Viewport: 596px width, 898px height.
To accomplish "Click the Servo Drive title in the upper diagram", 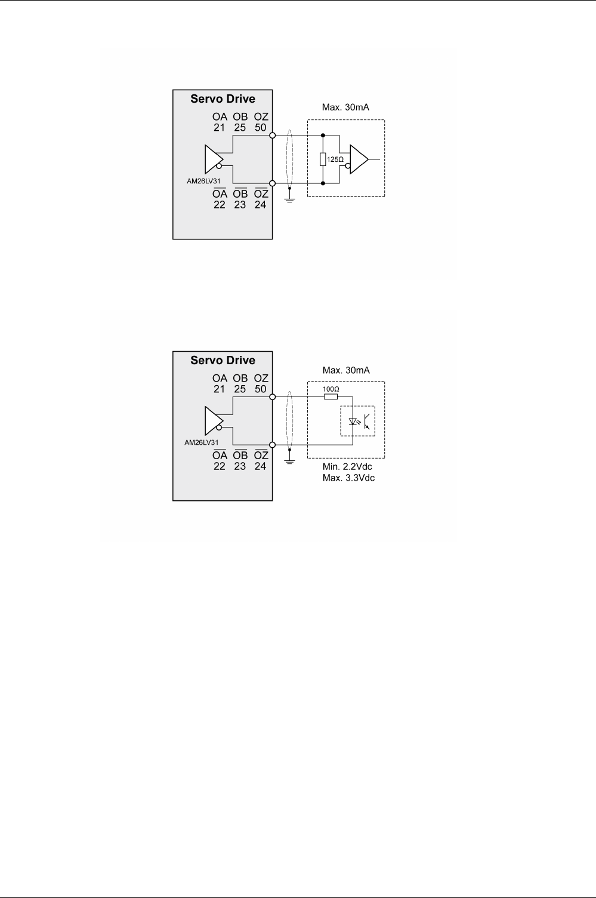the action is [223, 99].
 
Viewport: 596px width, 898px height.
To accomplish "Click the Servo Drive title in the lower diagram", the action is [223, 361].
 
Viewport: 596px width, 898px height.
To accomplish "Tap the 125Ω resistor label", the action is [336, 159].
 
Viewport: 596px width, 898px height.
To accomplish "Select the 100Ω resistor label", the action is [331, 389].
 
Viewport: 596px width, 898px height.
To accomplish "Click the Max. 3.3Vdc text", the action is [347, 478].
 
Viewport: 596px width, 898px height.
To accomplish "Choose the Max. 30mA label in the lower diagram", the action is [346, 370].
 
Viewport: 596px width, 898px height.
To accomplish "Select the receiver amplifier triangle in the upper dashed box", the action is [359, 159].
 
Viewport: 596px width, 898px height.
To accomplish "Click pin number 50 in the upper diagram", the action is [261, 128].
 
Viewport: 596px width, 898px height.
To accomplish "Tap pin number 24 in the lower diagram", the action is [261, 466].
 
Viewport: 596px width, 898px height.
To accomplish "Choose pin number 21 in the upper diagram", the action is [220, 128].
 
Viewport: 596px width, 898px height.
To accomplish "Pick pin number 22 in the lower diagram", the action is [220, 466].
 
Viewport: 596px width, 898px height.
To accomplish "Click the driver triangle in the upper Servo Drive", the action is [212, 159].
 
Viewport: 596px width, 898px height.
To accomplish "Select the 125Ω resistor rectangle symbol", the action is [323, 159].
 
